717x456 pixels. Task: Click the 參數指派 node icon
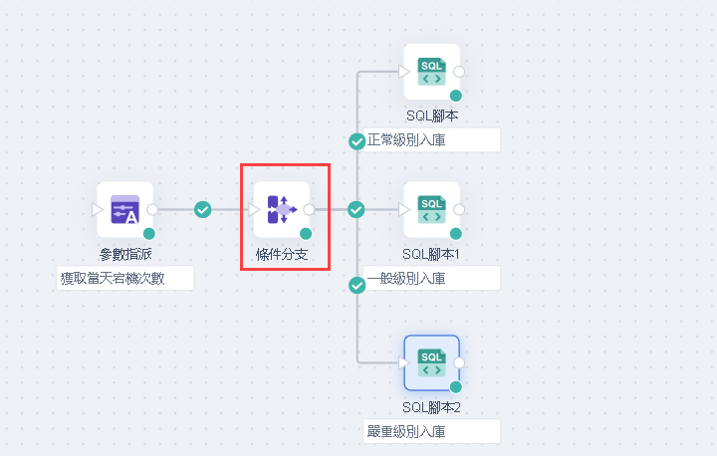(124, 210)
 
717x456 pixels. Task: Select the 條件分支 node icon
(282, 210)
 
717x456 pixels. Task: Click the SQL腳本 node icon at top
(431, 72)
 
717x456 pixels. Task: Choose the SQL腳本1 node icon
(431, 210)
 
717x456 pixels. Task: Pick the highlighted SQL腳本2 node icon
(431, 362)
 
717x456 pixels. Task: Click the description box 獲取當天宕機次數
(124, 278)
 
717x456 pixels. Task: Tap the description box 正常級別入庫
(431, 139)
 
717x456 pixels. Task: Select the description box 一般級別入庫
(431, 278)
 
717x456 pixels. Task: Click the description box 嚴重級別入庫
(431, 431)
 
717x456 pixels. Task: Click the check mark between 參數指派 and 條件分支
(203, 210)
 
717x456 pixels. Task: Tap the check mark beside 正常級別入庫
(358, 141)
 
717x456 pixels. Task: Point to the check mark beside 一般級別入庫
(358, 286)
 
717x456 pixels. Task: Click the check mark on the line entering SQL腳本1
(358, 210)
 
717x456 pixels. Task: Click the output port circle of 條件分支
(310, 210)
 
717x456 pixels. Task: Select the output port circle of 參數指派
(152, 210)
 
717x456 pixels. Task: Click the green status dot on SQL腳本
(455, 96)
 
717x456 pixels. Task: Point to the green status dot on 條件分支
(306, 234)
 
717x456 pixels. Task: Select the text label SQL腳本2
(431, 407)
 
